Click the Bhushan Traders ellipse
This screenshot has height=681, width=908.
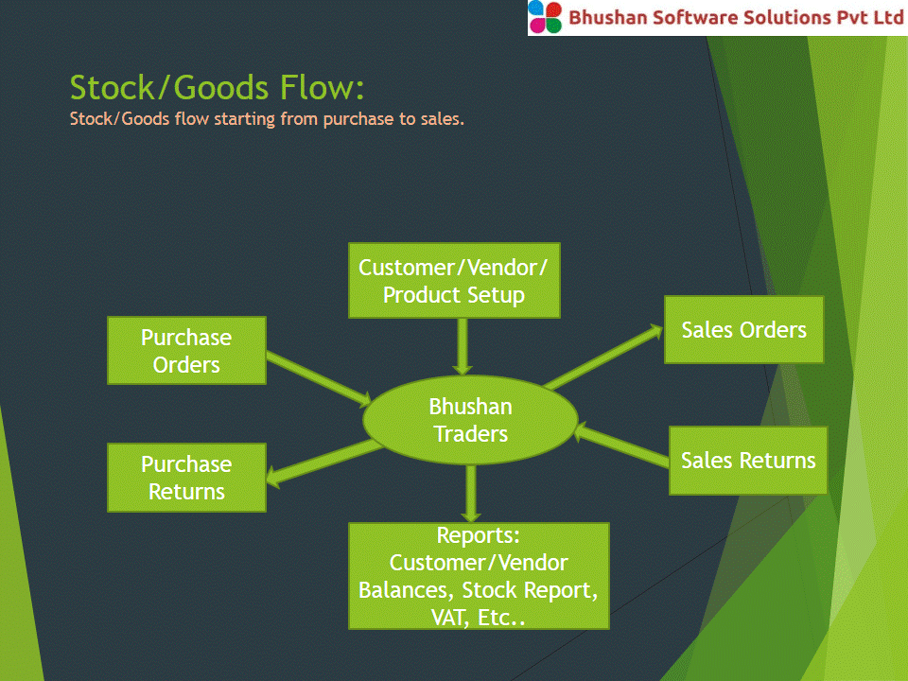pos(470,420)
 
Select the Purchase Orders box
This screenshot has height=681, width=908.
pos(186,350)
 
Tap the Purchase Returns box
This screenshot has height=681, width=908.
pos(186,478)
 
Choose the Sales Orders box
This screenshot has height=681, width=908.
pos(743,329)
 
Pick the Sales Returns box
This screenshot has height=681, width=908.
pos(747,461)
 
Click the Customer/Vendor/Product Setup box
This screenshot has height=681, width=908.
pos(454,280)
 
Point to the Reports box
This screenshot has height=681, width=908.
pos(479,576)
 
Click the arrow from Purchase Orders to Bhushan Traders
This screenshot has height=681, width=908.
pos(319,378)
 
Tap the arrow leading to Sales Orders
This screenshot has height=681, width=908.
pos(603,357)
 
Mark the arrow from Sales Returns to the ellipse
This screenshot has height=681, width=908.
pos(621,444)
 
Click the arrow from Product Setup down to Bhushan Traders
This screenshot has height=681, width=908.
pos(463,347)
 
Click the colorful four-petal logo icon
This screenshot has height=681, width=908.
pos(545,17)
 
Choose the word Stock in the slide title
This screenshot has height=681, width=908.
pos(113,87)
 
